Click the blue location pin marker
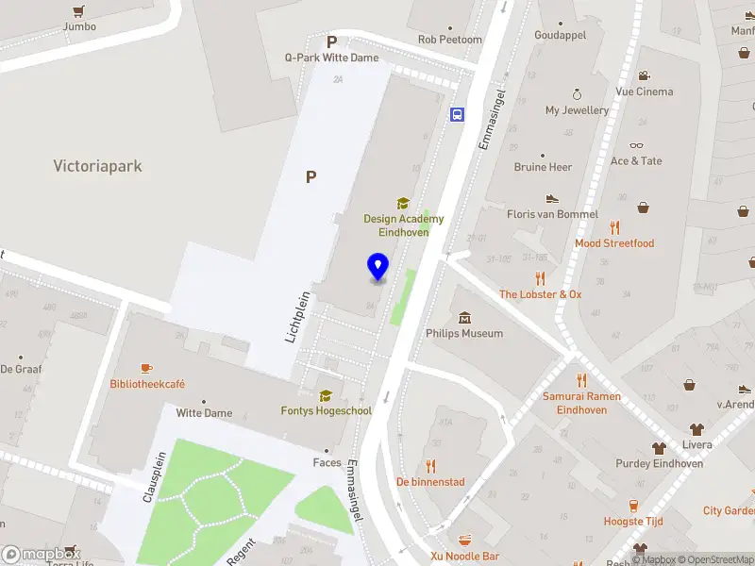[377, 268]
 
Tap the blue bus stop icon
[458, 115]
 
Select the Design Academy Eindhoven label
[404, 225]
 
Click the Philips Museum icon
[464, 318]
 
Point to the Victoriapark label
[97, 166]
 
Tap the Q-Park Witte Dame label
[332, 58]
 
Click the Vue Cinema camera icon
[644, 75]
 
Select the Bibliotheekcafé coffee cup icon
[146, 368]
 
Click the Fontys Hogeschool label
[327, 410]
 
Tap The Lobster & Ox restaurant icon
[541, 278]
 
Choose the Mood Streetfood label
[614, 243]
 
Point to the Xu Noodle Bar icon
[464, 541]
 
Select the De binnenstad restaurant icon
[431, 465]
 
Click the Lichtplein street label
[297, 314]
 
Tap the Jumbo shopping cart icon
[79, 11]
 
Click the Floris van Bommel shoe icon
[552, 199]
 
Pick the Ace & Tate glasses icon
[636, 145]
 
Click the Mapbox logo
[41, 555]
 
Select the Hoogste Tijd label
[634, 522]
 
